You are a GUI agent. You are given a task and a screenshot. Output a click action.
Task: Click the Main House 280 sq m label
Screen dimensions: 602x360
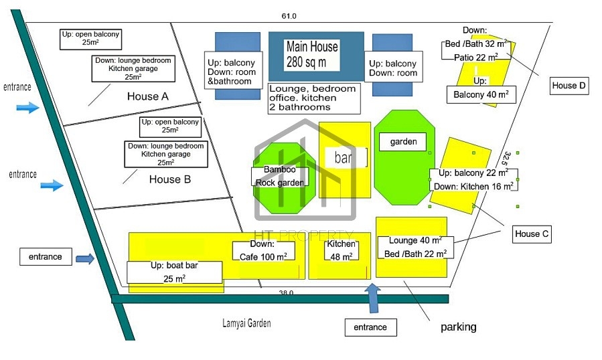pyautogui.click(x=312, y=54)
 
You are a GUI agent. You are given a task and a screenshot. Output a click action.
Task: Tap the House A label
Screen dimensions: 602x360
pyautogui.click(x=148, y=96)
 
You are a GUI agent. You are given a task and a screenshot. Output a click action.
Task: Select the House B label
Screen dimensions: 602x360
pyautogui.click(x=170, y=179)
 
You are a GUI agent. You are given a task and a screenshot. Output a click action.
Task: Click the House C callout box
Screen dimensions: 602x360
pyautogui.click(x=532, y=234)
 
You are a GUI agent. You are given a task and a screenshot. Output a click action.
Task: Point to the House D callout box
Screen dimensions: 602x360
pyautogui.click(x=569, y=86)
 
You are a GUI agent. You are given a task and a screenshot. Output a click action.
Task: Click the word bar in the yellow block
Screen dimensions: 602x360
pyautogui.click(x=343, y=157)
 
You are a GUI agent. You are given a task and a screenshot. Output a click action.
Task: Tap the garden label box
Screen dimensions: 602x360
pyautogui.click(x=402, y=142)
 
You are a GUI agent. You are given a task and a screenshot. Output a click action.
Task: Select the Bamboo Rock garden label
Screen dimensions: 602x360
pyautogui.click(x=280, y=177)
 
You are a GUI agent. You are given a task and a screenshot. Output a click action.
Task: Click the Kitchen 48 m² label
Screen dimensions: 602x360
pyautogui.click(x=342, y=250)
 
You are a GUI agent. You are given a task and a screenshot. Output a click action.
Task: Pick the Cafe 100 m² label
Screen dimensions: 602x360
pyautogui.click(x=263, y=251)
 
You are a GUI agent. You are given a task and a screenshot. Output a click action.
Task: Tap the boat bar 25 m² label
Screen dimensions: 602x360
pyautogui.click(x=174, y=272)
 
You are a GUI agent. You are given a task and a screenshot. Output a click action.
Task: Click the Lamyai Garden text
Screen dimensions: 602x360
pyautogui.click(x=246, y=323)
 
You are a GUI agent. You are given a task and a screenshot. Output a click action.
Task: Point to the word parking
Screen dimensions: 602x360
pyautogui.click(x=459, y=327)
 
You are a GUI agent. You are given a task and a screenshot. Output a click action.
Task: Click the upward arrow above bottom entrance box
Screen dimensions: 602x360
pyautogui.click(x=372, y=298)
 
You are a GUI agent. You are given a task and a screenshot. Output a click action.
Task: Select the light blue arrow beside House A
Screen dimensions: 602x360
pyautogui.click(x=27, y=107)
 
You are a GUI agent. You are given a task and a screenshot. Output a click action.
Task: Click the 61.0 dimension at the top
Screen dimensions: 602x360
pyautogui.click(x=289, y=16)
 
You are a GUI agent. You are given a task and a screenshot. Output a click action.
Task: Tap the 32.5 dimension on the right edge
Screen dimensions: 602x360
pyautogui.click(x=507, y=158)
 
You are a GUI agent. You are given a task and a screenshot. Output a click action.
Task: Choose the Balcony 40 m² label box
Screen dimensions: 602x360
pyautogui.click(x=481, y=95)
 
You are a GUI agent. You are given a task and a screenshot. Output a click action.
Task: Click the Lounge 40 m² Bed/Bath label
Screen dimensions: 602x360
pyautogui.click(x=415, y=247)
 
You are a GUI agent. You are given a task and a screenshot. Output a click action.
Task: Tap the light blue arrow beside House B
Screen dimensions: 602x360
pyautogui.click(x=52, y=185)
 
